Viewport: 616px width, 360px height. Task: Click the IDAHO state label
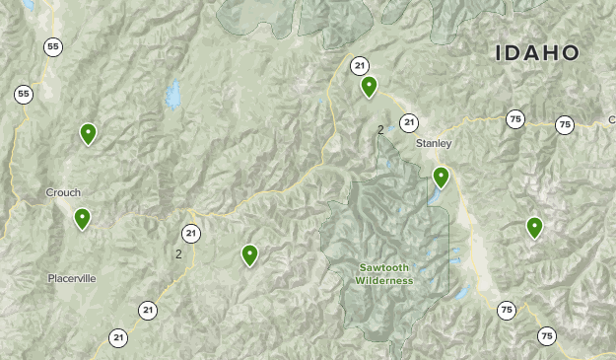(536, 52)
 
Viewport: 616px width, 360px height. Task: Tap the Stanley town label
(433, 144)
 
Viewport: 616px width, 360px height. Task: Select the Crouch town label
(63, 192)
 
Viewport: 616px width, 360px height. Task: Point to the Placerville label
(72, 278)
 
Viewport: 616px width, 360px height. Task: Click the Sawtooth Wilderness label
(385, 274)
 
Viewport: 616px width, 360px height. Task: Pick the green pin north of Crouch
(88, 133)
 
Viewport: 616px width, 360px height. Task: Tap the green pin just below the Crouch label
(82, 218)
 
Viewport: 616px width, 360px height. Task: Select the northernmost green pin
(369, 87)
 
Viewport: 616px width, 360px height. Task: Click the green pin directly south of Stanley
(441, 178)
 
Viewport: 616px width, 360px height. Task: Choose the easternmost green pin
(534, 228)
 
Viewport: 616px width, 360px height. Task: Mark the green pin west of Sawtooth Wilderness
(249, 255)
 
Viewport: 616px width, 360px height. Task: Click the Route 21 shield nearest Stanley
(409, 123)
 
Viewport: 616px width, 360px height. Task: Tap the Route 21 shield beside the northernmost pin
(360, 66)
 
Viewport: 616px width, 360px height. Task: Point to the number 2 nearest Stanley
(380, 129)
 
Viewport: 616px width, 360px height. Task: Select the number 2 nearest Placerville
(178, 254)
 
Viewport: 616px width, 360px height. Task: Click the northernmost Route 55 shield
(52, 46)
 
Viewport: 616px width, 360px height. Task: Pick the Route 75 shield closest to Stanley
(514, 119)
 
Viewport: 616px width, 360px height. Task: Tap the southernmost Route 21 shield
(118, 337)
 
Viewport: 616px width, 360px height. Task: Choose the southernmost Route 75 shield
(546, 336)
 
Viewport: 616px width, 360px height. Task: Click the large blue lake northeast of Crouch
(173, 94)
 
